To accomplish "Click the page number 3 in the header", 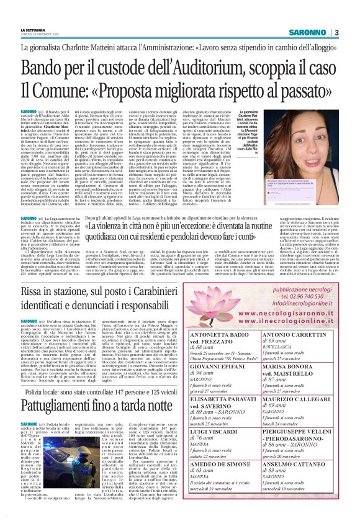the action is [336, 32].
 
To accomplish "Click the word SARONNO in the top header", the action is [311, 32].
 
